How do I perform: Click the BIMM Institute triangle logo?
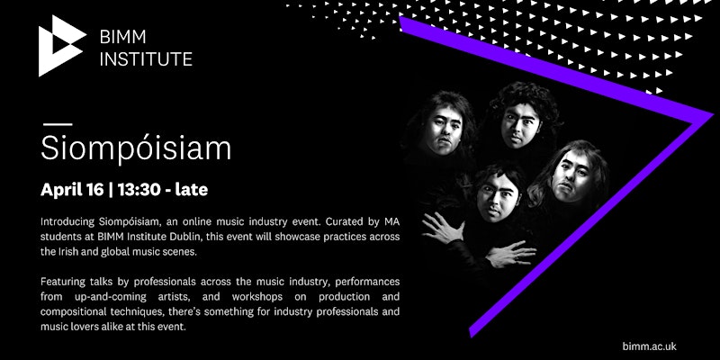59,46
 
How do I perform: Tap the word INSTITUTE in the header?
146,59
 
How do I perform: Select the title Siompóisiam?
136,148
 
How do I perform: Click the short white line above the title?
58,124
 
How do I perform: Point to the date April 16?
72,190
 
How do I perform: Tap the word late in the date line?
194,189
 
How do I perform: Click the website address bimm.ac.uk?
649,346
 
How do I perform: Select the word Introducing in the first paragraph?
67,222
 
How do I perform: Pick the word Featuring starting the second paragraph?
61,282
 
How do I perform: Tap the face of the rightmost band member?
571,175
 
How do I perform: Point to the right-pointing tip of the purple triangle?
713,114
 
